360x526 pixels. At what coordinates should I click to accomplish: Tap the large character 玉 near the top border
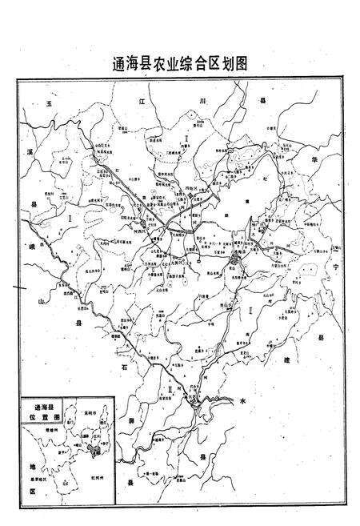tap(49, 103)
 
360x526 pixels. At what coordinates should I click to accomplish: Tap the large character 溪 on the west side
tap(29, 151)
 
